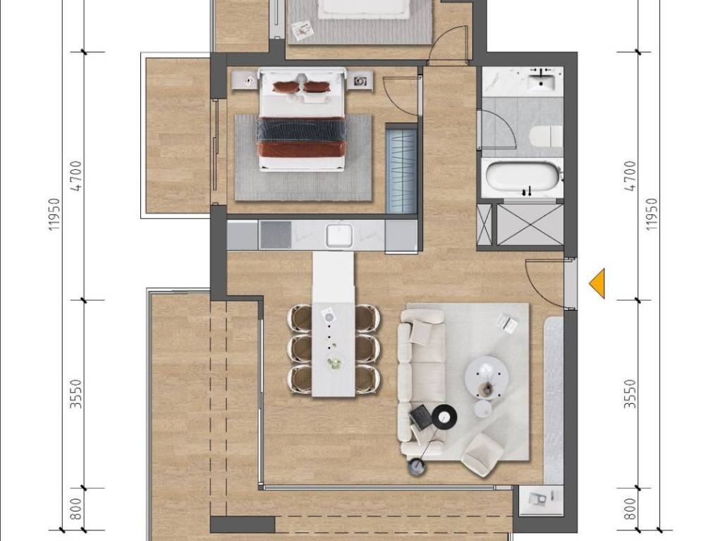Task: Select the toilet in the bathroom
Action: pos(546,136)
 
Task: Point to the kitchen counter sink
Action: pos(340,235)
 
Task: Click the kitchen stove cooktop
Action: pos(276,235)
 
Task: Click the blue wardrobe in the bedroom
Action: pos(401,171)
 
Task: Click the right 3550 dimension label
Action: pos(630,394)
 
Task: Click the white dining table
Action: pos(334,324)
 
